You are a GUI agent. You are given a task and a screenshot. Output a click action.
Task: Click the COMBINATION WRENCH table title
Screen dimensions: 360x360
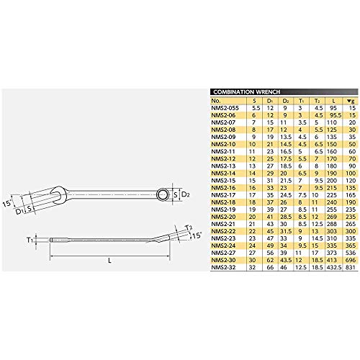(x=245, y=92)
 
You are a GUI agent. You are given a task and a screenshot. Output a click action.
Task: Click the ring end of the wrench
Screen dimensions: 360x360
(x=163, y=175)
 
